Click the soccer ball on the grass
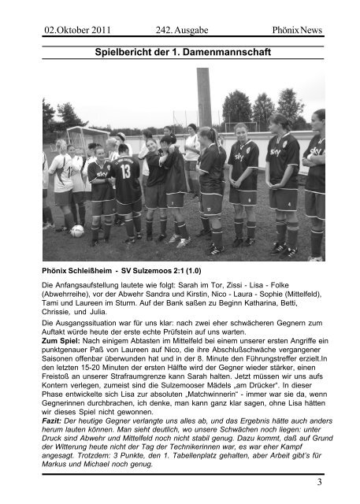click(77, 231)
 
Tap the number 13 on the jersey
click(124, 172)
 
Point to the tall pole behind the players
click(203, 98)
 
